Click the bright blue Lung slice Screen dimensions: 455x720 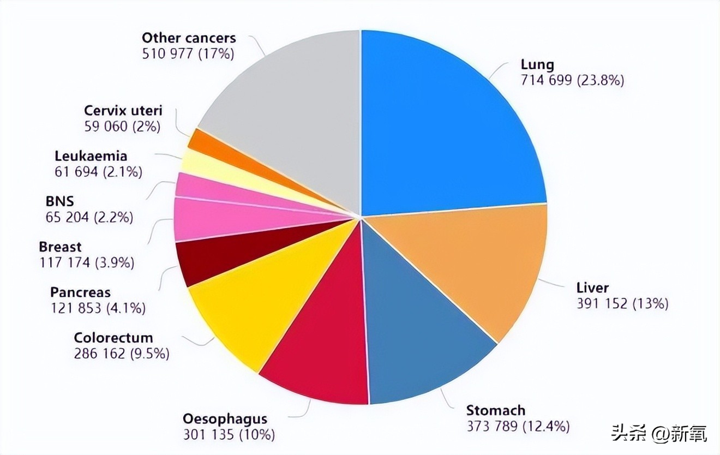click(x=447, y=125)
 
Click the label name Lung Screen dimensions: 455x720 click(x=537, y=64)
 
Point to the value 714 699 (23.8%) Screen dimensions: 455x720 click(x=572, y=80)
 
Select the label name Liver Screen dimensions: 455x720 click(x=592, y=288)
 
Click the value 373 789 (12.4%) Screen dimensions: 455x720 click(x=518, y=426)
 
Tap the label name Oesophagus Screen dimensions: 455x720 click(x=225, y=419)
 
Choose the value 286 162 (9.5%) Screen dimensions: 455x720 click(x=121, y=354)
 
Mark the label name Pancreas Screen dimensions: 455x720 click(x=80, y=292)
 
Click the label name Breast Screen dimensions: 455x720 click(x=60, y=247)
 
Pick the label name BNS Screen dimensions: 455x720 click(x=59, y=201)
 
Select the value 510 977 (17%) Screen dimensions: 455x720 click(x=188, y=53)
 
